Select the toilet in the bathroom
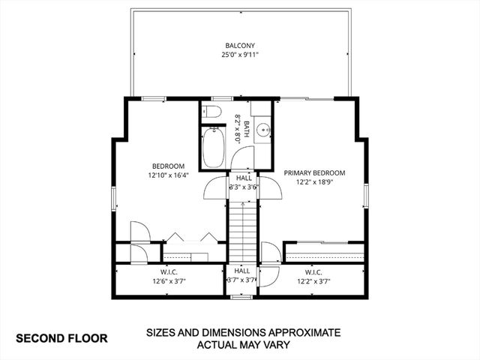pyautogui.click(x=212, y=113)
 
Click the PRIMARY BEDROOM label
pyautogui.click(x=313, y=172)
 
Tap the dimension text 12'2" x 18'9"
pyautogui.click(x=313, y=181)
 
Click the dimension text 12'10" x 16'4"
pyautogui.click(x=169, y=175)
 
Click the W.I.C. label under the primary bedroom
pyautogui.click(x=313, y=272)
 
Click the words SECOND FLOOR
pyautogui.click(x=62, y=338)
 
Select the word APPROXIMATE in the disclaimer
pyautogui.click(x=299, y=331)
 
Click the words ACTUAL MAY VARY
pyautogui.click(x=244, y=345)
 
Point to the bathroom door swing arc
pyautogui.click(x=241, y=158)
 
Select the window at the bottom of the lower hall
pyautogui.click(x=241, y=297)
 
